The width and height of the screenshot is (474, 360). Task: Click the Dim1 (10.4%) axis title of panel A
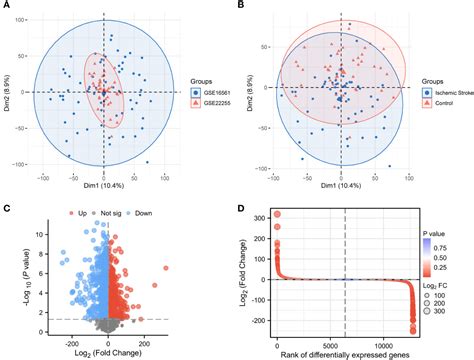100,186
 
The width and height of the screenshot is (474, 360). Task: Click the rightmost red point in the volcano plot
155,285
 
